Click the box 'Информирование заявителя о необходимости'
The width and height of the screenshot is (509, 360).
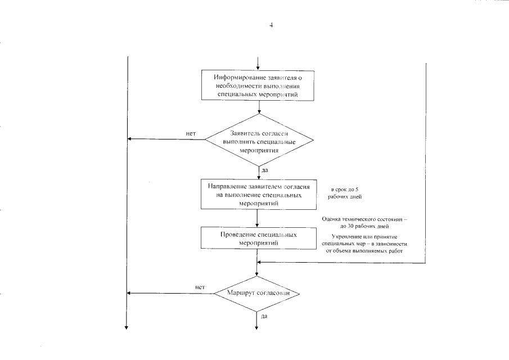click(258, 85)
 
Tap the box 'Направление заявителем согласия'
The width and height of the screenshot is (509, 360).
click(257, 194)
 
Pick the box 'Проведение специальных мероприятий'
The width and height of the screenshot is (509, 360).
click(257, 238)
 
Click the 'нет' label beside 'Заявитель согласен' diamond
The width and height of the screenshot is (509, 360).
click(191, 133)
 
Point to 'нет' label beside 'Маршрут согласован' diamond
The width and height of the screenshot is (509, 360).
click(199, 287)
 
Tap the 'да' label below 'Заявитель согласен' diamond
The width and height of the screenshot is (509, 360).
click(264, 170)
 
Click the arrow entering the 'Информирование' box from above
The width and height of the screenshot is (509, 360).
click(258, 63)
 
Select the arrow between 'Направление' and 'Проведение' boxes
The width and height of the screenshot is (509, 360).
click(257, 217)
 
